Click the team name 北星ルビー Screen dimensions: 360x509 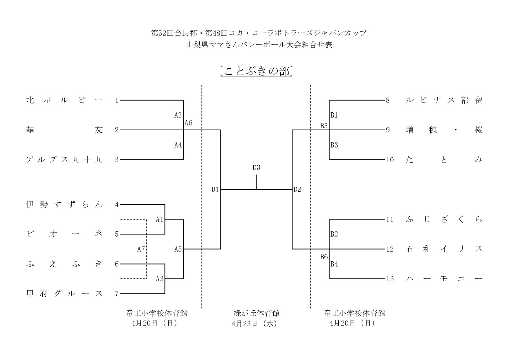pyautogui.click(x=64, y=100)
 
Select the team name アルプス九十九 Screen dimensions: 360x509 pyautogui.click(x=64, y=160)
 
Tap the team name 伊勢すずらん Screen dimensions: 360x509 pyautogui.click(x=64, y=205)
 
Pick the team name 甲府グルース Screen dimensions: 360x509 pyautogui.click(x=64, y=294)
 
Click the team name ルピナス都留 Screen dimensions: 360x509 pyautogui.click(x=444, y=100)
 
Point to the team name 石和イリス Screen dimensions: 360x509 pyautogui.click(x=444, y=249)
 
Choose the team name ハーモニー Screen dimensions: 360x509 pyautogui.click(x=444, y=279)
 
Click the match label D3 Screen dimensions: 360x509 pyautogui.click(x=256, y=168)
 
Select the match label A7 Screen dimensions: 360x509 pyautogui.click(x=141, y=249)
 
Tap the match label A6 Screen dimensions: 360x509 pyautogui.click(x=189, y=123)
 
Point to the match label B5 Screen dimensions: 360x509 pyautogui.click(x=324, y=126)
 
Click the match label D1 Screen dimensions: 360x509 pyautogui.click(x=215, y=190)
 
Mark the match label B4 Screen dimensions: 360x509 pyautogui.click(x=334, y=264)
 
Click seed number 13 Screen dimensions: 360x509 pyautogui.click(x=390, y=279)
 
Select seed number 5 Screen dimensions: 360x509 pyautogui.click(x=117, y=234)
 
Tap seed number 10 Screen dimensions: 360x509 pyautogui.click(x=390, y=160)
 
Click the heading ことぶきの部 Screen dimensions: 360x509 pyautogui.click(x=256, y=71)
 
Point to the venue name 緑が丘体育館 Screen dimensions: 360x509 pyautogui.click(x=256, y=313)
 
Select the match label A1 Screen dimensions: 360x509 pyautogui.click(x=160, y=219)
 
